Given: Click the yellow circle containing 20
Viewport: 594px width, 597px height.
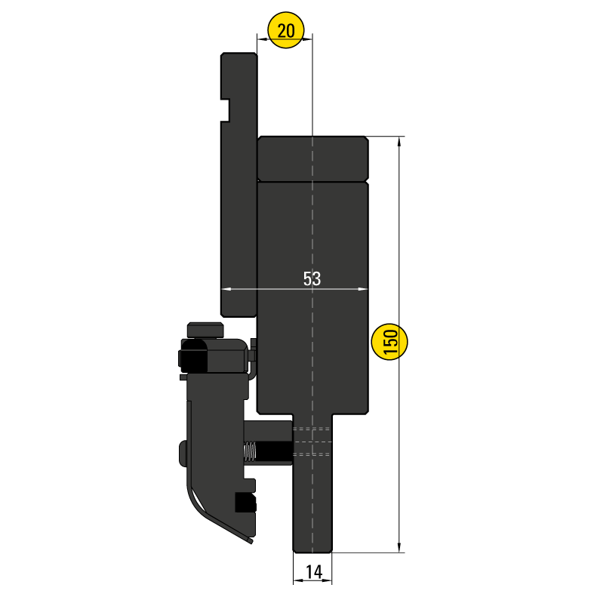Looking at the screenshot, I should click(285, 31).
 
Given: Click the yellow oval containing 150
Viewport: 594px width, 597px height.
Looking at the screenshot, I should click(390, 343).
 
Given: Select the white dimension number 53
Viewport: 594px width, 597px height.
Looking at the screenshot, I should click(312, 278).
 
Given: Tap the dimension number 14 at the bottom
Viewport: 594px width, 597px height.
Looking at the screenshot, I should click(313, 572).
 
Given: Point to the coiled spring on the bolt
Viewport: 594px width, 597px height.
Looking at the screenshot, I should click(250, 452).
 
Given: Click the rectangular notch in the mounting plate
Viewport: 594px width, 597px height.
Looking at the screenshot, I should click(225, 109).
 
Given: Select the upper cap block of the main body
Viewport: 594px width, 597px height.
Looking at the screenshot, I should click(312, 158).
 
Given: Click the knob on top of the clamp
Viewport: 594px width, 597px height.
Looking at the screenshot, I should click(206, 330).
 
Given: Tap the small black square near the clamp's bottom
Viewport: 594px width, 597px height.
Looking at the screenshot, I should click(244, 502).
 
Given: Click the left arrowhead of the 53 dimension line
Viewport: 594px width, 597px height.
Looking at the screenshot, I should click(225, 289).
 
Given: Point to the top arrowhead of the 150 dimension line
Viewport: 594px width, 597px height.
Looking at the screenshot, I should click(399, 141).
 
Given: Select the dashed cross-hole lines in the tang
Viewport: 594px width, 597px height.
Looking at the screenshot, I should click(312, 442).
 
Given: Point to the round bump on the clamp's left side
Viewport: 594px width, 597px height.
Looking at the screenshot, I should click(183, 454).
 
